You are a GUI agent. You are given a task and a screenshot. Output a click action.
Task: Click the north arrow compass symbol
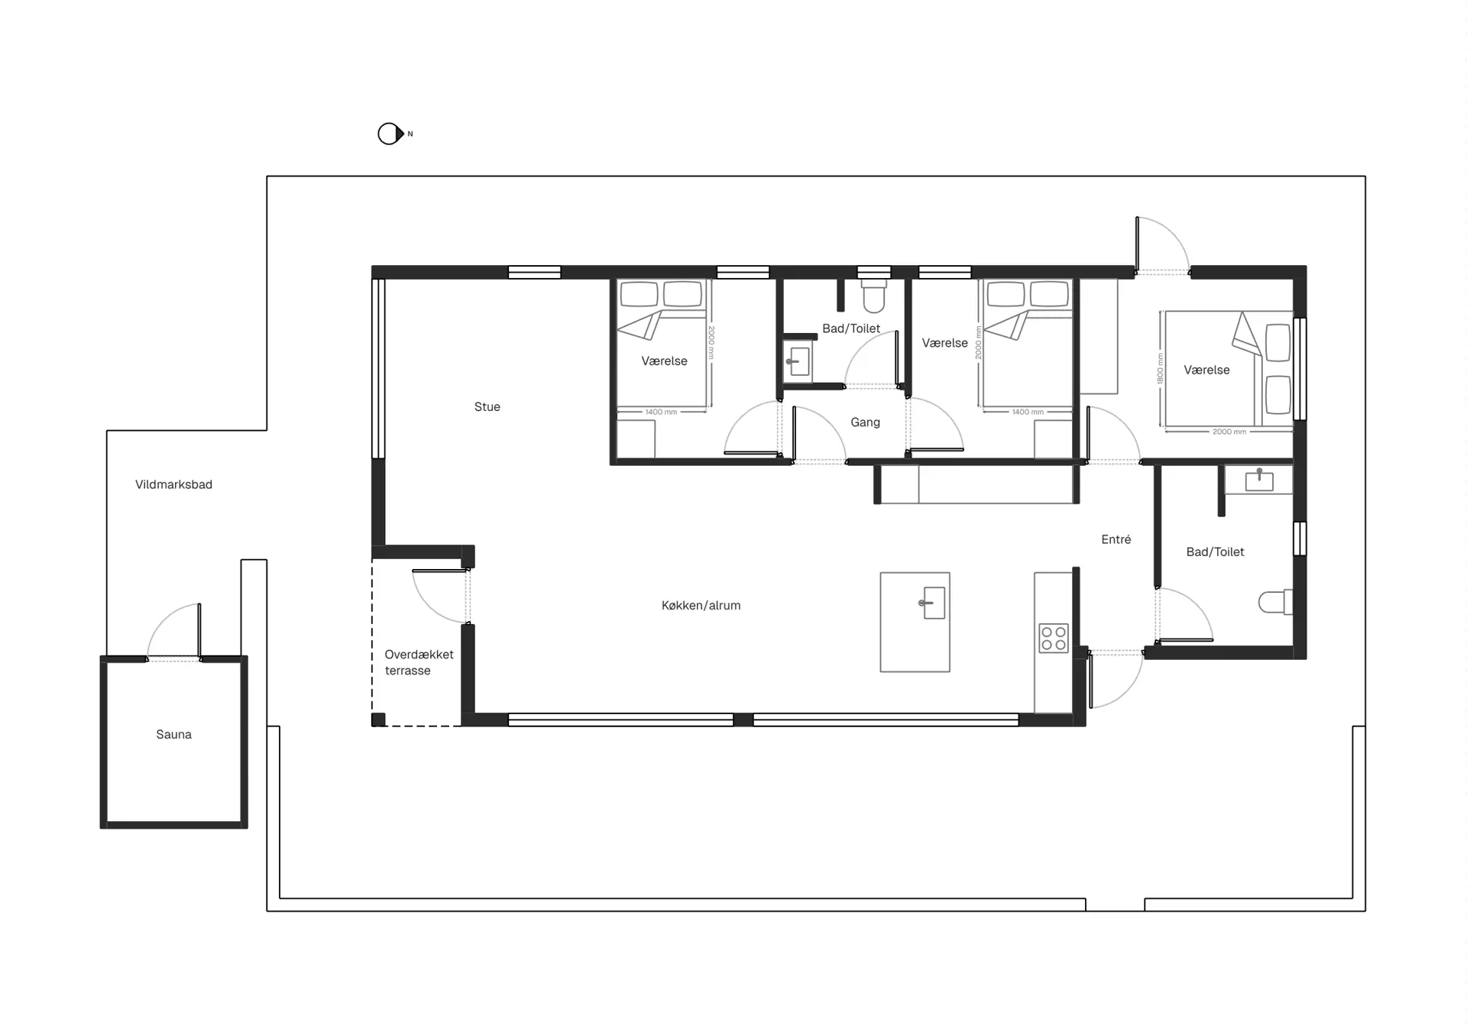[x=390, y=134]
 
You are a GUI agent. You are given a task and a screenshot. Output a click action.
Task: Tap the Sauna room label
[x=173, y=734]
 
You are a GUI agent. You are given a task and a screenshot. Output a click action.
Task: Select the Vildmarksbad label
[x=173, y=484]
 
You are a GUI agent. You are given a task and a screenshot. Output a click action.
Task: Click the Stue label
[x=487, y=406]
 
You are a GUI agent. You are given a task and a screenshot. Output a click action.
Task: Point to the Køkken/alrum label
[x=701, y=605]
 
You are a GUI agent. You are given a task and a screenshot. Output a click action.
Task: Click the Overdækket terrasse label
[x=419, y=662]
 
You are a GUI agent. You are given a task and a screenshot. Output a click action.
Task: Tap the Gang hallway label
[x=865, y=422]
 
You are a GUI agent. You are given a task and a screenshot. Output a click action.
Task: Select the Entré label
[x=1116, y=539]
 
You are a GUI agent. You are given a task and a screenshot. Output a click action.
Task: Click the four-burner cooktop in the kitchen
[x=1054, y=638]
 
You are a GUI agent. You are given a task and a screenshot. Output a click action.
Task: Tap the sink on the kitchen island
[x=933, y=603]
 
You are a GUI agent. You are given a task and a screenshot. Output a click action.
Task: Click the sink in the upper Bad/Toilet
[x=798, y=361]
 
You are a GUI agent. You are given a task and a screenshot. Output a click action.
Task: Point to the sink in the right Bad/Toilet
[x=1258, y=480]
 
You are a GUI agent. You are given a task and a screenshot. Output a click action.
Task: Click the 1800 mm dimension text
[x=1159, y=369]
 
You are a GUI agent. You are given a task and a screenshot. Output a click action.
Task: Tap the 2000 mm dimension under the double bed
[x=1229, y=432]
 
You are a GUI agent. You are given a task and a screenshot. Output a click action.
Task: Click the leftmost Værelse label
[x=664, y=361]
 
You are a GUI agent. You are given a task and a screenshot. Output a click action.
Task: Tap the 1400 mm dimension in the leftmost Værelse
[x=661, y=412]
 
